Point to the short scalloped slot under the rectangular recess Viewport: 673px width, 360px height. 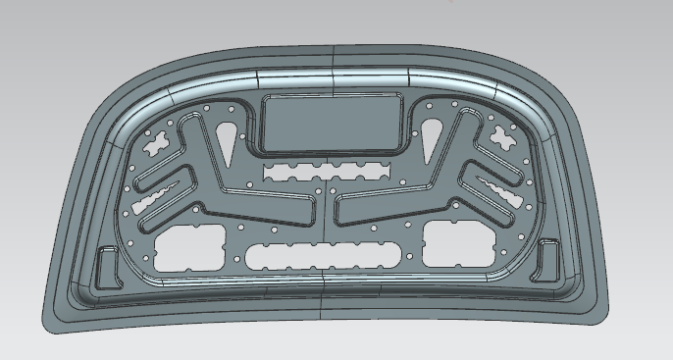click(327, 172)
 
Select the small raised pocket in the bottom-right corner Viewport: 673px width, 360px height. click(548, 259)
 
